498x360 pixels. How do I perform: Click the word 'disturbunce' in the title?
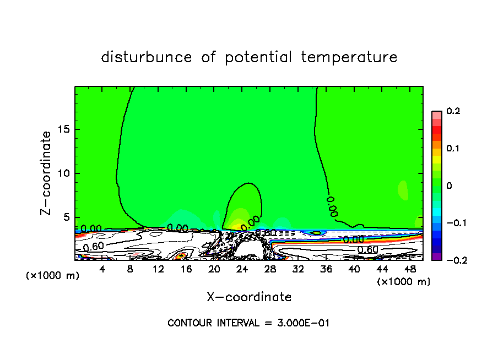(147, 57)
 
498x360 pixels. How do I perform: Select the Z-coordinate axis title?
(47, 173)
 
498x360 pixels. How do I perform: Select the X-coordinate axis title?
(249, 297)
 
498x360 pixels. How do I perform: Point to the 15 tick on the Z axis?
(64, 129)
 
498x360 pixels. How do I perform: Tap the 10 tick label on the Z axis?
(64, 173)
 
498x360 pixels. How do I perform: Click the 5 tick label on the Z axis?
(67, 217)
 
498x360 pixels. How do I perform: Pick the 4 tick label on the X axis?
(102, 269)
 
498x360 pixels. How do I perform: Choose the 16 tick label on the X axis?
(186, 269)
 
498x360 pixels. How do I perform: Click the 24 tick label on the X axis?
(242, 269)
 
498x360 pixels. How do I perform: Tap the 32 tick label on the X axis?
(298, 269)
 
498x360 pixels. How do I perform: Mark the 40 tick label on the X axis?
(354, 269)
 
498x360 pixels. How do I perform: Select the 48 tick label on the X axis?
(409, 269)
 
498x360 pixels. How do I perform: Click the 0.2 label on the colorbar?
(453, 111)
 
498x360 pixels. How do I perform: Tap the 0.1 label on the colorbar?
(453, 149)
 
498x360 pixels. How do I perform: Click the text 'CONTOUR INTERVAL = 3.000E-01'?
(248, 323)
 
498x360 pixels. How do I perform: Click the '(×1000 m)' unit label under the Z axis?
(52, 276)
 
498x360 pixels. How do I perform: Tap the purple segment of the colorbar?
(436, 257)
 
